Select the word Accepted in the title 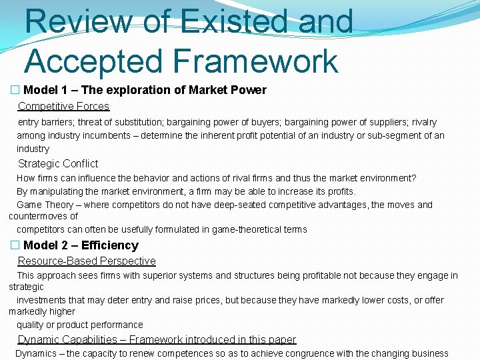point(93,61)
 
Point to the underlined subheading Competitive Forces point(63,106)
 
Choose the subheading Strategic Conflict point(58,163)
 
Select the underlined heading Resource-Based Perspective point(87,261)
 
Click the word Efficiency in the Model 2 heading point(110,245)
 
